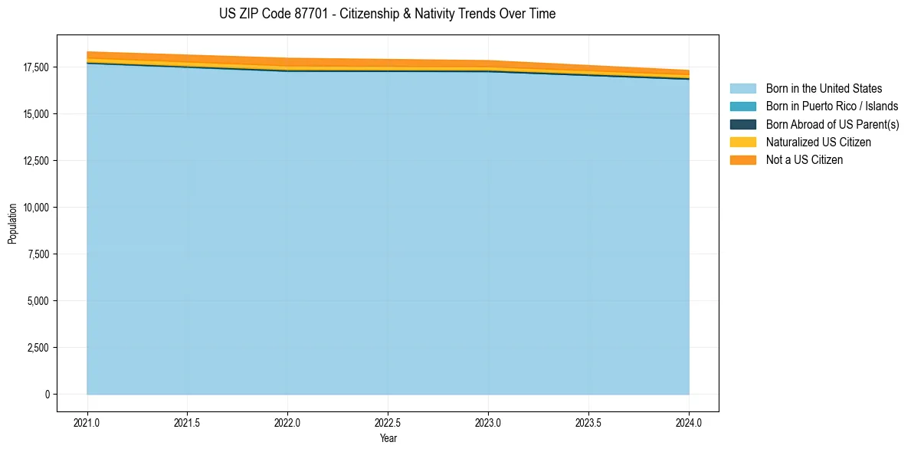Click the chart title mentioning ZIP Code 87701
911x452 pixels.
(387, 14)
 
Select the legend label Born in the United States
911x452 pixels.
(824, 89)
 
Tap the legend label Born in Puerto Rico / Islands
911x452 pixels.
(832, 106)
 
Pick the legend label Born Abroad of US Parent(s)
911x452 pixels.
(832, 124)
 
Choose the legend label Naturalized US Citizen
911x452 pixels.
(818, 142)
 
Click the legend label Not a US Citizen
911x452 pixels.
(804, 160)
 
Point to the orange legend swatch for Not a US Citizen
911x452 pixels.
(742, 160)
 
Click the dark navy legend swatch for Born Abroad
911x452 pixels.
(742, 124)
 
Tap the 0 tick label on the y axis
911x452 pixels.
(46, 395)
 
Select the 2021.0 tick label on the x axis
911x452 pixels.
(87, 422)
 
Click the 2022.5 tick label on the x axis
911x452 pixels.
(388, 422)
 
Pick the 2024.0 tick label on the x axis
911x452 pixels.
(689, 422)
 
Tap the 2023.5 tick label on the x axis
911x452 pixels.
(588, 422)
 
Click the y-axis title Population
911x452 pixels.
(12, 224)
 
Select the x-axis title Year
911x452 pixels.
(388, 439)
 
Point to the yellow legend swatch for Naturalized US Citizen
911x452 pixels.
(742, 142)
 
